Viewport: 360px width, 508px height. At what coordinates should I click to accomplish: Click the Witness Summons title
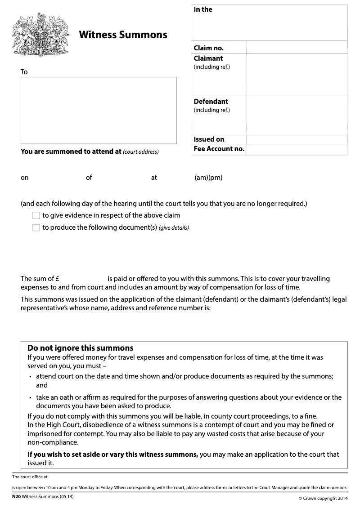pyautogui.click(x=123, y=35)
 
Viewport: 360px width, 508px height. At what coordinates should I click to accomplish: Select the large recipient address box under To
pyautogui.click(x=99, y=110)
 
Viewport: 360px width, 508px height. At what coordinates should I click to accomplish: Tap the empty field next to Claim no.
pyautogui.click(x=297, y=48)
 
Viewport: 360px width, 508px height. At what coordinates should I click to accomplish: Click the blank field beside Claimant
pyautogui.click(x=297, y=74)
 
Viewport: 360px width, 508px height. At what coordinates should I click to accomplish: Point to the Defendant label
pyautogui.click(x=211, y=102)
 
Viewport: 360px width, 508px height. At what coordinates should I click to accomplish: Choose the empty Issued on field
pyautogui.click(x=297, y=139)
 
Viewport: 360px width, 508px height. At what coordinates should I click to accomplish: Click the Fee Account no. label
pyautogui.click(x=219, y=149)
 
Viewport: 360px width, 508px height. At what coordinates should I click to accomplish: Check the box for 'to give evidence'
pyautogui.click(x=36, y=216)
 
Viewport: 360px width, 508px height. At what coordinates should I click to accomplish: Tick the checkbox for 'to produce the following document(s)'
pyautogui.click(x=36, y=228)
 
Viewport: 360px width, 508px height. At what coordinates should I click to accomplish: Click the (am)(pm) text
pyautogui.click(x=208, y=178)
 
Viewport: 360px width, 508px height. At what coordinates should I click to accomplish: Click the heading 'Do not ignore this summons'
pyautogui.click(x=81, y=348)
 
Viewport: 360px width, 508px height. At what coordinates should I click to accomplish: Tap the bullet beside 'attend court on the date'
pyautogui.click(x=30, y=377)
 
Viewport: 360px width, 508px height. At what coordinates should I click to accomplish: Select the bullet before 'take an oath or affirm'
pyautogui.click(x=30, y=398)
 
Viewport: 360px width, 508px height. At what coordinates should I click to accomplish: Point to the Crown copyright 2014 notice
pyautogui.click(x=323, y=498)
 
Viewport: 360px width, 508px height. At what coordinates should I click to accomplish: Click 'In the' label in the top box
pyautogui.click(x=203, y=9)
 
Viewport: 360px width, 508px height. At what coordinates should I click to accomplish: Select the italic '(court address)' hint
pyautogui.click(x=141, y=152)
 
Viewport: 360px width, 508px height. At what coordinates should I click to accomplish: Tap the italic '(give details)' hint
pyautogui.click(x=174, y=228)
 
